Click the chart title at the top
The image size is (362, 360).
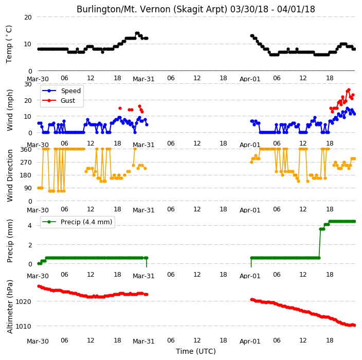[x=196, y=9]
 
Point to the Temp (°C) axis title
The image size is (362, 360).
[x=9, y=44]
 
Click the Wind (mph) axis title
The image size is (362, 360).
[x=10, y=111]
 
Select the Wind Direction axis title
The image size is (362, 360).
[x=10, y=175]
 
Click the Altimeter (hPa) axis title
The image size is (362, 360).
[x=10, y=307]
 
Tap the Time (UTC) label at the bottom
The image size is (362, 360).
[x=196, y=351]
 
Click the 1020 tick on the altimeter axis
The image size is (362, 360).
[x=23, y=301]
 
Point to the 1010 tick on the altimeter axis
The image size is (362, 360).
[x=23, y=326]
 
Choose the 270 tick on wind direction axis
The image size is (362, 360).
[x=26, y=163]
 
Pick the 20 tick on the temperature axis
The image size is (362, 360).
[x=28, y=17]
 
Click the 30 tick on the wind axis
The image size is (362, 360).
[x=28, y=84]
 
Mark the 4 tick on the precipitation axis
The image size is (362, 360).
[x=30, y=226]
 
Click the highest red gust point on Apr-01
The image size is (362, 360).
[x=349, y=90]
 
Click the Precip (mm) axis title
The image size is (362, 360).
[x=10, y=241]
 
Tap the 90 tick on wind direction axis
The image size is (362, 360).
[x=28, y=188]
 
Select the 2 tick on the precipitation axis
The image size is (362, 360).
[x=30, y=245]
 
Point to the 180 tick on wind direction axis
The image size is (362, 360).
[x=26, y=175]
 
